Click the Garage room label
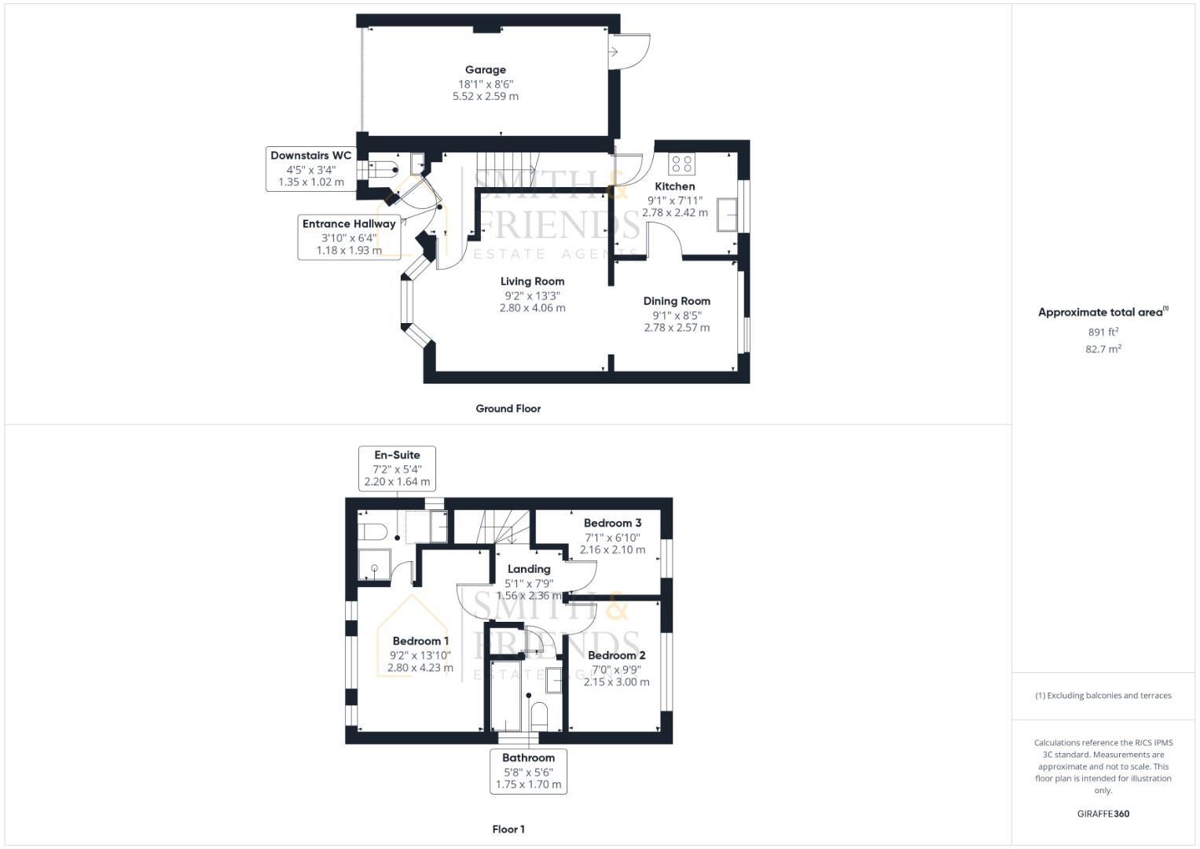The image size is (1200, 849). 485,70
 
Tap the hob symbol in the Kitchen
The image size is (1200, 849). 681,164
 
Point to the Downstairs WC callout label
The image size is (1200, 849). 310,156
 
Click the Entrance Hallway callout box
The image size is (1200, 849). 349,237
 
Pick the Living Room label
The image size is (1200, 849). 532,281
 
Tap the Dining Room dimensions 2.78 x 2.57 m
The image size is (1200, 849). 677,327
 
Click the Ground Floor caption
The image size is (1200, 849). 508,409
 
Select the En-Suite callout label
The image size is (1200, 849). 397,455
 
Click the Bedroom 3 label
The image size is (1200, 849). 612,523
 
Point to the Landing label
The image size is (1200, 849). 528,569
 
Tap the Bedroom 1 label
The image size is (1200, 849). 420,641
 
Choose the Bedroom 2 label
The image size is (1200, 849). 616,655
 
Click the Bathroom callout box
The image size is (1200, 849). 528,771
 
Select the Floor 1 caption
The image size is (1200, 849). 508,829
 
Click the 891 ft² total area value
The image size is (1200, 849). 1103,332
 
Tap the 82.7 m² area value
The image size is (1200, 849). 1103,349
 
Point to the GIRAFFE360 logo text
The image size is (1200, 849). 1103,814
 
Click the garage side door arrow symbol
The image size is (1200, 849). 613,52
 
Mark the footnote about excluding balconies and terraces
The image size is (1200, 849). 1103,696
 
